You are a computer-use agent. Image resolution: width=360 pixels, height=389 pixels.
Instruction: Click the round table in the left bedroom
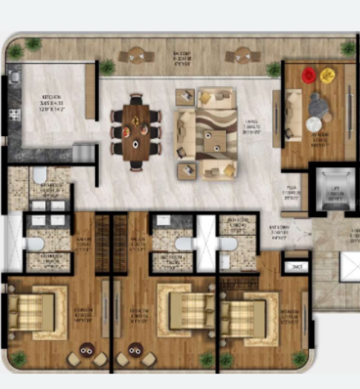pyautogui.click(x=87, y=348)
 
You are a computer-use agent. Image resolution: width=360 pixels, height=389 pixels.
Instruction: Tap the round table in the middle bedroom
pyautogui.click(x=135, y=348)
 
